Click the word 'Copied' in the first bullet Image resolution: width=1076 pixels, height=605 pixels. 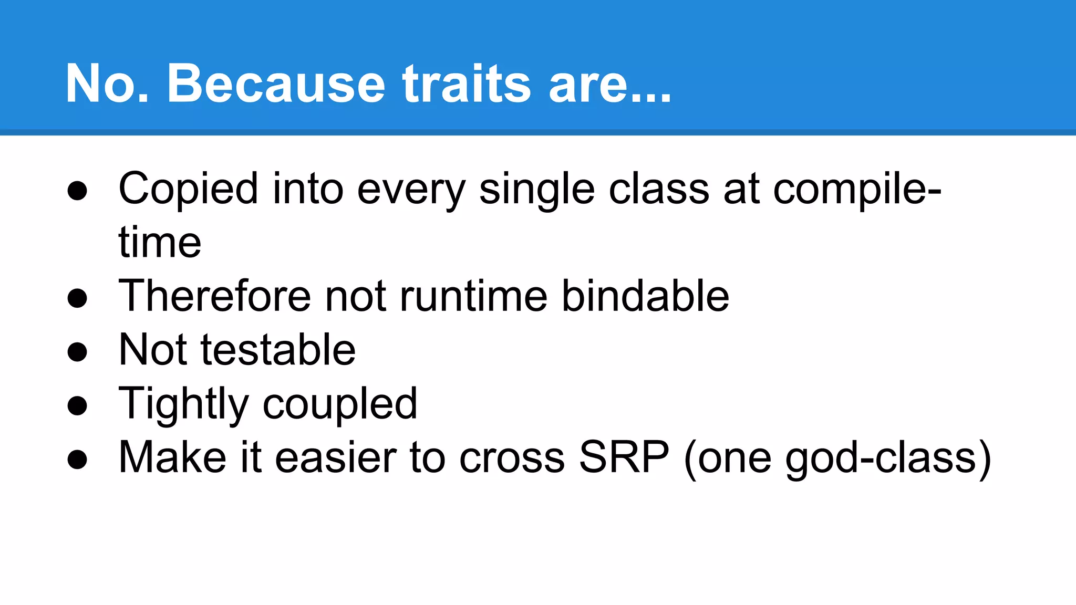point(189,189)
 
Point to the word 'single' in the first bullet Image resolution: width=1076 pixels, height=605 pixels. point(536,189)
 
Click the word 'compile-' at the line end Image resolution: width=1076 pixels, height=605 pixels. point(857,189)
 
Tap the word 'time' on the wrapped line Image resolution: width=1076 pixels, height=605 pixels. point(160,243)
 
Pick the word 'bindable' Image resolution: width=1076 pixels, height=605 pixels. point(645,296)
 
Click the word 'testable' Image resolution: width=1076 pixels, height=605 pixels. point(278,350)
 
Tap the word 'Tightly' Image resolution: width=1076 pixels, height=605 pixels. point(183,403)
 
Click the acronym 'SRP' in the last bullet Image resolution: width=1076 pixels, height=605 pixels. point(624,457)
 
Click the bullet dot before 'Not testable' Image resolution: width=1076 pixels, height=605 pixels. point(77,352)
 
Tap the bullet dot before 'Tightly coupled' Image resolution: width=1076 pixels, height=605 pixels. point(77,405)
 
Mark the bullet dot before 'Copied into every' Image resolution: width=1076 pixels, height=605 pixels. point(77,191)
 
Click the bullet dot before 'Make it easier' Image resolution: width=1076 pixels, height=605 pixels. point(77,459)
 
